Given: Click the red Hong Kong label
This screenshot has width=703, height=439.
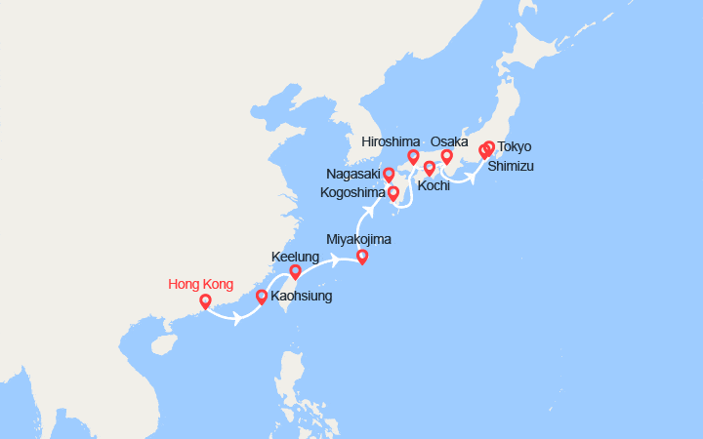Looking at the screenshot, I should [x=201, y=285].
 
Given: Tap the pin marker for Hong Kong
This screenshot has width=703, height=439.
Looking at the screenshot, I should [x=205, y=302].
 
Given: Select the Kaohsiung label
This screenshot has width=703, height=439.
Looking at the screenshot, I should [x=302, y=296].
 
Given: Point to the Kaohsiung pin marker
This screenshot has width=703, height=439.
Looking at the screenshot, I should [x=261, y=297].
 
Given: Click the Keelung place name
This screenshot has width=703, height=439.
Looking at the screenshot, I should [x=295, y=258].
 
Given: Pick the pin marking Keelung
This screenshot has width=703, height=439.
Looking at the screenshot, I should [x=295, y=271].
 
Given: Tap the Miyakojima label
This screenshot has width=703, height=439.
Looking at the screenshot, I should [x=358, y=239].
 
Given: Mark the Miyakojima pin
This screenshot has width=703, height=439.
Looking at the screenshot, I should [x=362, y=258].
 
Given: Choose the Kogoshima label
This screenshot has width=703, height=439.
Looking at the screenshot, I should [x=354, y=193].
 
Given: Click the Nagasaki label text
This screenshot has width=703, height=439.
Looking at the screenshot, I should [x=354, y=174].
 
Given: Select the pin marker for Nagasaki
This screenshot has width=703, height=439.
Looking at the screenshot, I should [x=389, y=175].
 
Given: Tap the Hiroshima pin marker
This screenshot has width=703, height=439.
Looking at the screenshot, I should [x=413, y=157].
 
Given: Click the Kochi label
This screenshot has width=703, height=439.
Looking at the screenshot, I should [x=433, y=185].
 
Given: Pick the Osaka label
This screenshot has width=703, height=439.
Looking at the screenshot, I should [x=450, y=141].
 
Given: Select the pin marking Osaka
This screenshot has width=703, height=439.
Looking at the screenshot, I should [x=447, y=157].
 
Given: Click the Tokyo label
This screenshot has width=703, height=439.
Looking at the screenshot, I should [x=515, y=147].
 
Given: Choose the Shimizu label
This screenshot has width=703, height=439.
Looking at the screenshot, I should [x=511, y=166].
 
